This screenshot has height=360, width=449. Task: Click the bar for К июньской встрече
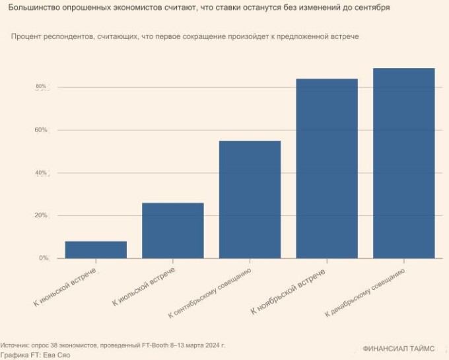click(x=96, y=250)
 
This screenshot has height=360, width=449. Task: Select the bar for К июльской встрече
click(x=173, y=231)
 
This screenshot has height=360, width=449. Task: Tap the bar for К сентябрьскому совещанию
click(x=250, y=199)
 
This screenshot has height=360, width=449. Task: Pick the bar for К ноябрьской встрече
click(x=327, y=168)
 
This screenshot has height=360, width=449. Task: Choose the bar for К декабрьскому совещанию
click(x=403, y=163)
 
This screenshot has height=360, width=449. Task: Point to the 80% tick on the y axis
click(x=41, y=87)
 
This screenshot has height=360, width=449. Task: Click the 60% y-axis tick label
click(x=41, y=130)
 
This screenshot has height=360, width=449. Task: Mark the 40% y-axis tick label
click(x=41, y=173)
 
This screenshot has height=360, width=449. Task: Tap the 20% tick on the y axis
click(x=41, y=215)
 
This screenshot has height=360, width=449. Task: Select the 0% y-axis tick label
click(x=43, y=258)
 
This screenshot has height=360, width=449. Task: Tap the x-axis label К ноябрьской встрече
click(x=289, y=291)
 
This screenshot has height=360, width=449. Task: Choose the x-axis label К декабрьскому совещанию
click(x=364, y=293)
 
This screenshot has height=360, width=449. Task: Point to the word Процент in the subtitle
click(x=27, y=36)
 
